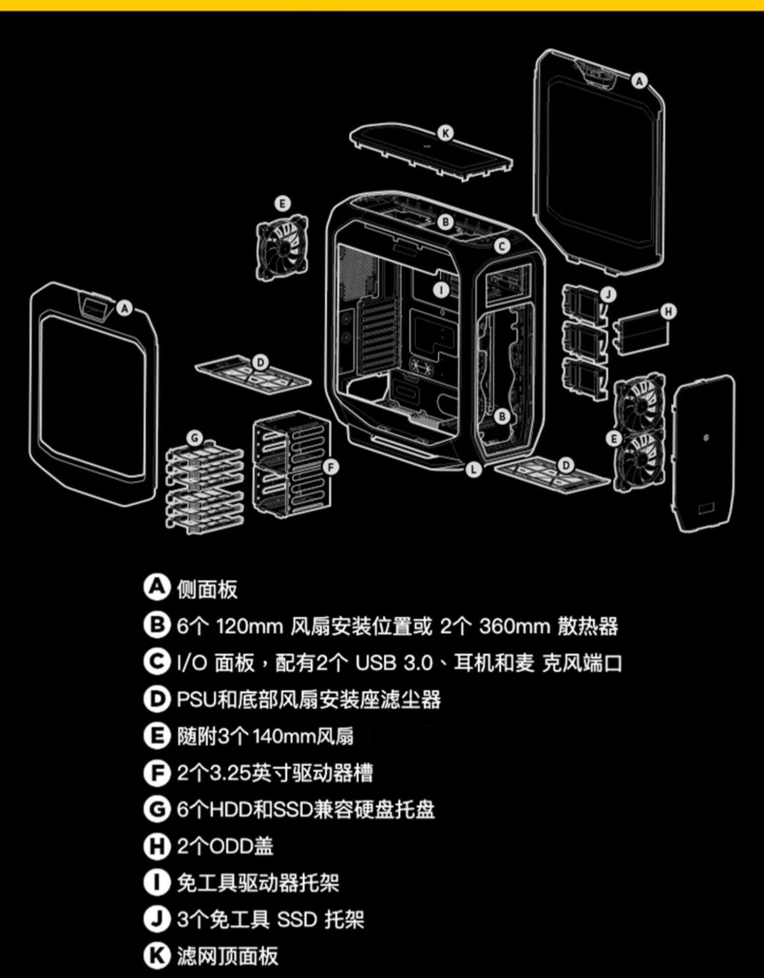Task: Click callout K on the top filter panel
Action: (x=445, y=133)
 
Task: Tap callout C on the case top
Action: (x=502, y=246)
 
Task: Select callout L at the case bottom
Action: (x=474, y=468)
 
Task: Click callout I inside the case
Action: (x=441, y=290)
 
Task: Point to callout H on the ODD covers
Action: (x=668, y=311)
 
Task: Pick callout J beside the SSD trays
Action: (x=608, y=294)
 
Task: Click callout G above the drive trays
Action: (x=195, y=438)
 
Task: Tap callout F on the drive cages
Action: (x=331, y=467)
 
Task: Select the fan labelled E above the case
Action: (x=282, y=247)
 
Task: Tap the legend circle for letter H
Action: (x=157, y=846)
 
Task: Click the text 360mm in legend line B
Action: (x=515, y=627)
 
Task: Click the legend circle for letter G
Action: (x=157, y=809)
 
